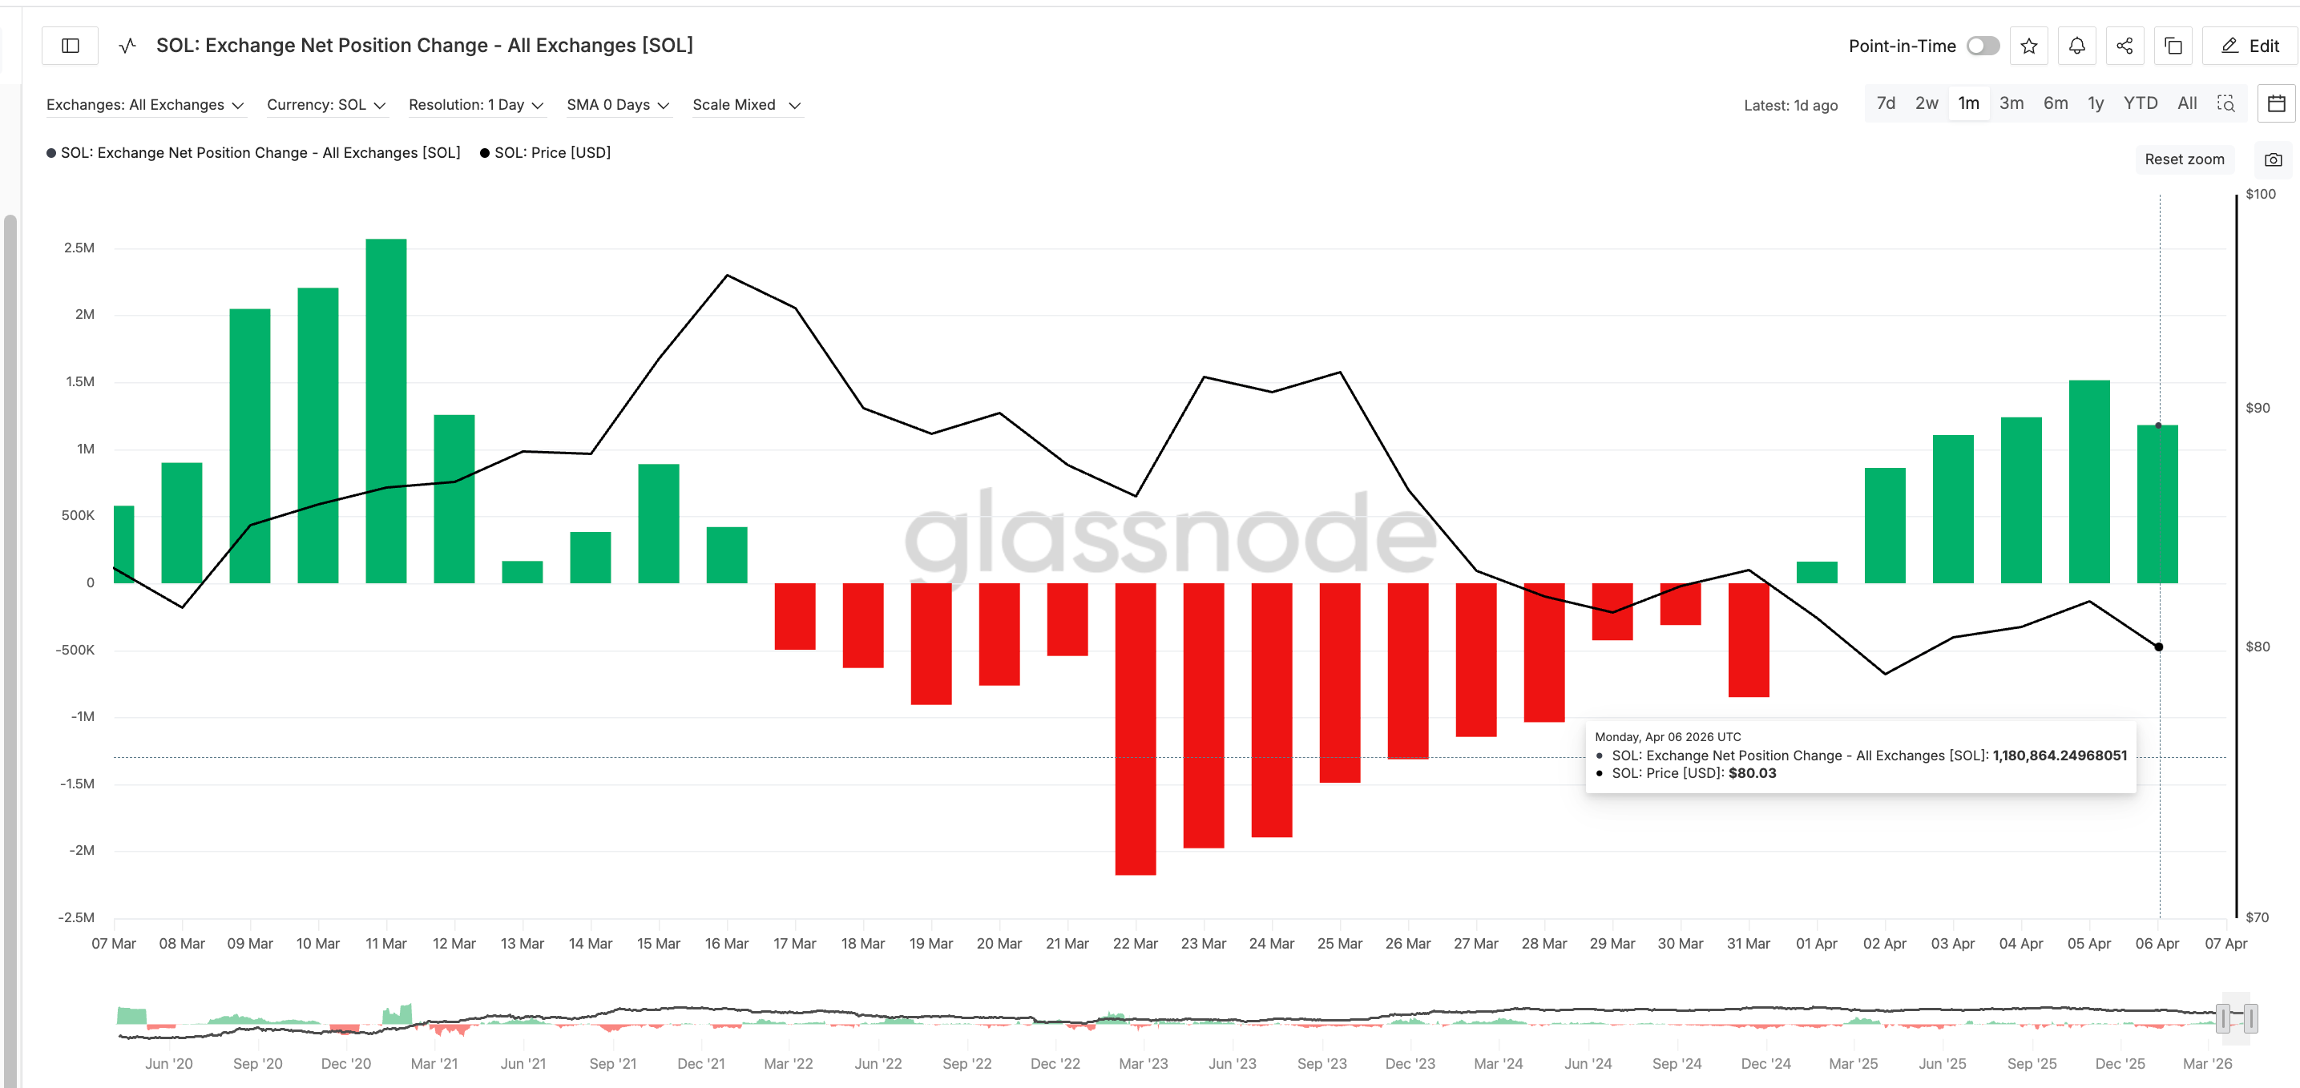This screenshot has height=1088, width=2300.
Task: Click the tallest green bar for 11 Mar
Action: click(x=385, y=410)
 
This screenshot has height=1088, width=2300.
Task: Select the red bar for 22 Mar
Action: click(x=1135, y=728)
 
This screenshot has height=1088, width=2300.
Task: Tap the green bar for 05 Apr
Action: click(x=2088, y=482)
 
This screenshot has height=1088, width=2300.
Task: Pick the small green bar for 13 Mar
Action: click(x=523, y=572)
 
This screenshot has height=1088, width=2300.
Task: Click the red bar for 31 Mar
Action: click(x=1748, y=639)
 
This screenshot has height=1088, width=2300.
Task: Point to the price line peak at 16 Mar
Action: click(x=727, y=276)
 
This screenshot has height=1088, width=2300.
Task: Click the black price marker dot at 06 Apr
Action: click(x=2159, y=647)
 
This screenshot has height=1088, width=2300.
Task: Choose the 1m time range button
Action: click(x=1968, y=103)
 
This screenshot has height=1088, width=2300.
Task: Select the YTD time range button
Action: click(x=2139, y=103)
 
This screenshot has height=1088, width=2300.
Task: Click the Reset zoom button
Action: click(x=2183, y=159)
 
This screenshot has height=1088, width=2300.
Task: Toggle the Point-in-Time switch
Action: click(x=1982, y=46)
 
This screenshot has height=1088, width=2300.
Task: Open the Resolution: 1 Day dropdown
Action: click(x=476, y=105)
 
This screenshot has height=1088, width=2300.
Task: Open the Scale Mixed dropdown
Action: click(x=745, y=105)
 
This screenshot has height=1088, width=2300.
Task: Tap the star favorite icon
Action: click(x=2028, y=46)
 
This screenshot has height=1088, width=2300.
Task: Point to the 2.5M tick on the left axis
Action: click(x=79, y=248)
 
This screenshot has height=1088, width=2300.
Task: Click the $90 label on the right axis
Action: click(x=2258, y=408)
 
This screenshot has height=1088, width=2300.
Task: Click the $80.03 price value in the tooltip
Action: click(x=1752, y=773)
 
